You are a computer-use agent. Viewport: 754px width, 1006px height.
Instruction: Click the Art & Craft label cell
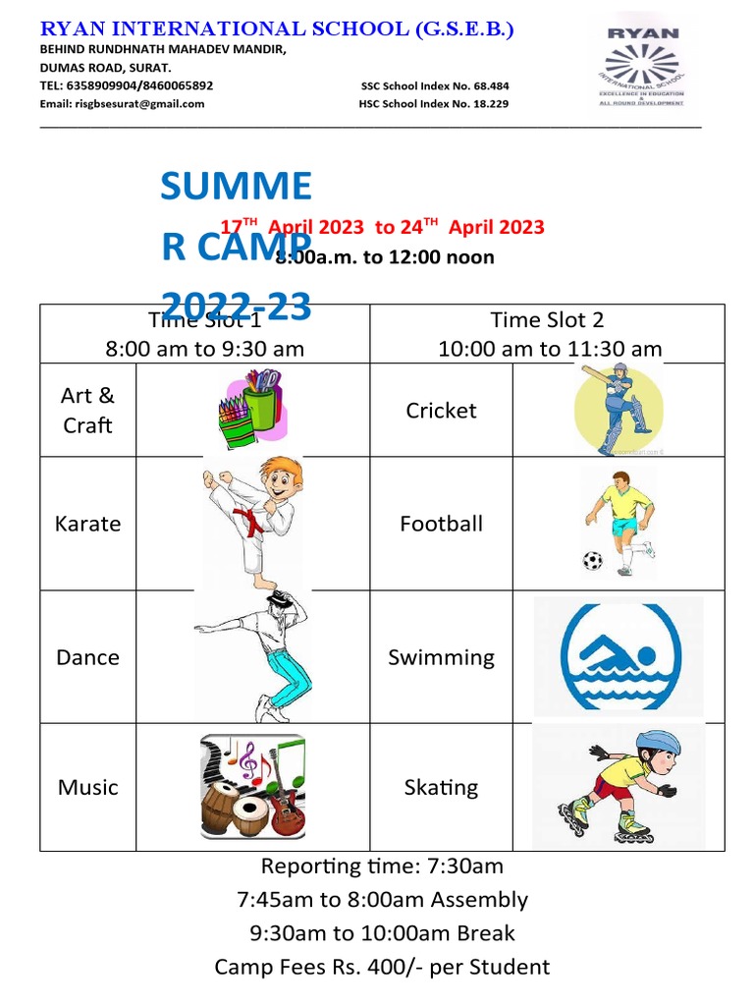pyautogui.click(x=87, y=410)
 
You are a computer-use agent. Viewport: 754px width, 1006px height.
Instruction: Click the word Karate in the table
pyautogui.click(x=88, y=524)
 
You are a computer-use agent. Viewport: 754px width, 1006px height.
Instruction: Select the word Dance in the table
pyautogui.click(x=87, y=657)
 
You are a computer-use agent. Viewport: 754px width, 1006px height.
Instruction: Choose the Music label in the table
pyautogui.click(x=87, y=787)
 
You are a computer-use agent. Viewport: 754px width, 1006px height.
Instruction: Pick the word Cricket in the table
pyautogui.click(x=441, y=411)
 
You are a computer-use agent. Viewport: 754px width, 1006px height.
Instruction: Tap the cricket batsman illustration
pyautogui.click(x=618, y=409)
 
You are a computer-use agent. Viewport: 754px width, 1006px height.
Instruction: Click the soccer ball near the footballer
pyautogui.click(x=592, y=561)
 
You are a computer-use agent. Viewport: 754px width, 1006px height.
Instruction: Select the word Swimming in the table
pyautogui.click(x=441, y=657)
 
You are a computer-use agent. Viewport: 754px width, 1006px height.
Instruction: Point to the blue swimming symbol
pyautogui.click(x=619, y=655)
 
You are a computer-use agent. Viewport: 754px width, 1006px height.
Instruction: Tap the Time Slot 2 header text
pyautogui.click(x=547, y=319)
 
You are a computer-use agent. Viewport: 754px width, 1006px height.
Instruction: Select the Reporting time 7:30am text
pyautogui.click(x=382, y=866)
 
